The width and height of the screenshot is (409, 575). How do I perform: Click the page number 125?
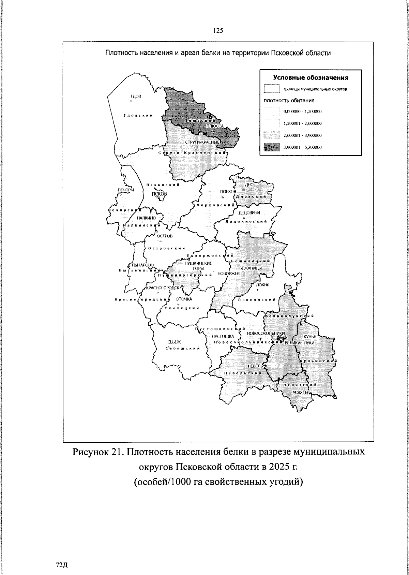click(x=218, y=31)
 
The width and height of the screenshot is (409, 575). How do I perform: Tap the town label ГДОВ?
click(x=135, y=96)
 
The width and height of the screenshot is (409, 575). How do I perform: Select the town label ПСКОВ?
click(x=160, y=194)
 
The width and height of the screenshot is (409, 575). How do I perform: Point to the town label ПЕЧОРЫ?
click(x=126, y=190)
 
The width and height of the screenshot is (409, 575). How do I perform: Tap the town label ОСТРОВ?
click(x=165, y=236)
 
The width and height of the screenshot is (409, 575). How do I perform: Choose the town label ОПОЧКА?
click(x=184, y=299)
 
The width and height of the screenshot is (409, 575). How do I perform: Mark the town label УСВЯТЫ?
click(x=300, y=392)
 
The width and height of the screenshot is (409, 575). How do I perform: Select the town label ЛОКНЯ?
click(x=263, y=285)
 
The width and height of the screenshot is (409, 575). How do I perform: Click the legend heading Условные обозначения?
click(x=311, y=77)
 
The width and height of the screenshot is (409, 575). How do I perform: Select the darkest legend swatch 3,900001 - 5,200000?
click(x=272, y=147)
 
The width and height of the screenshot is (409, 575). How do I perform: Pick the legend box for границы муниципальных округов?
click(x=272, y=89)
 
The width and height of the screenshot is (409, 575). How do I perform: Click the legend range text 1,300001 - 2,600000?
click(x=303, y=123)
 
